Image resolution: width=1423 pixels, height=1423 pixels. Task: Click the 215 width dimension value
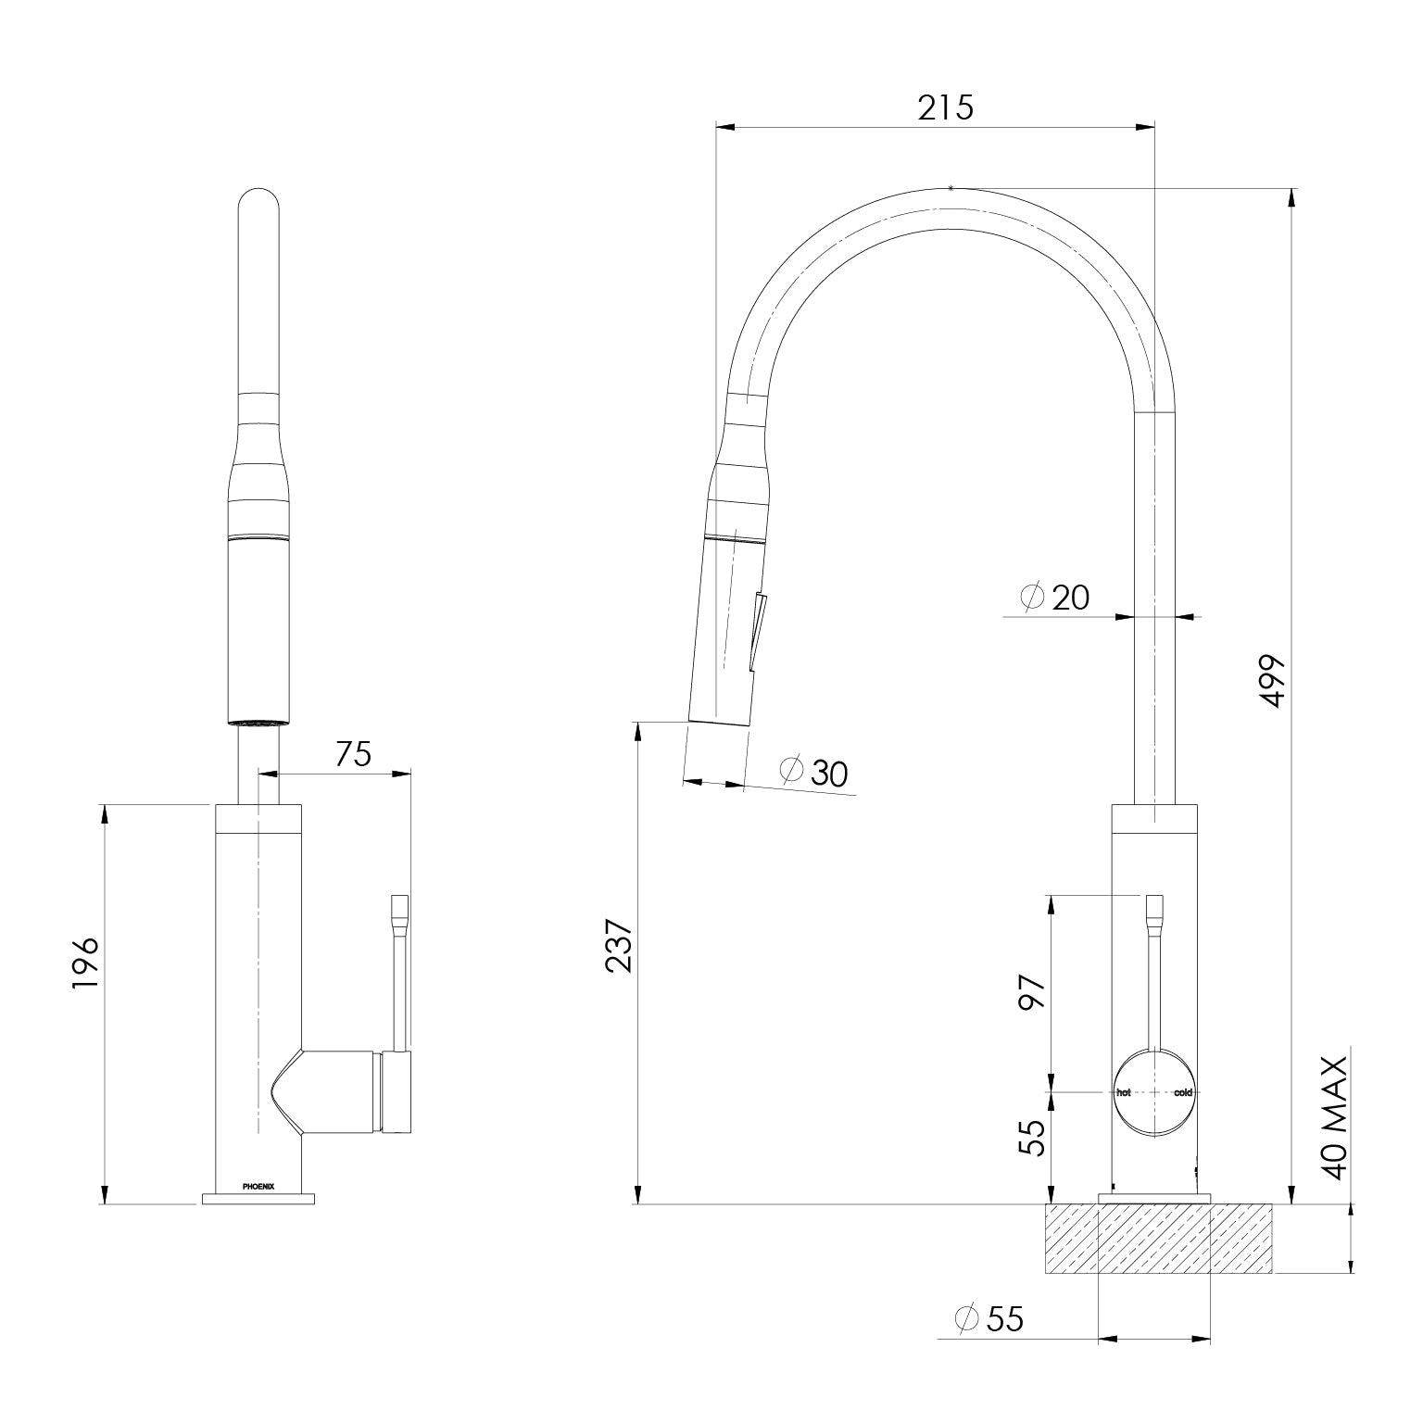pyautogui.click(x=946, y=108)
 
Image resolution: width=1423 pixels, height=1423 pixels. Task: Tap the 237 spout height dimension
pyautogui.click(x=618, y=946)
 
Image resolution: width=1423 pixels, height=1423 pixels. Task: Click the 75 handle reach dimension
pyautogui.click(x=353, y=754)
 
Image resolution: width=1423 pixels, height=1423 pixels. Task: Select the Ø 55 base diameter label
pyautogui.click(x=989, y=1318)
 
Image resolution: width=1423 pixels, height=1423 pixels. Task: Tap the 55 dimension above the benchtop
pyautogui.click(x=1032, y=1137)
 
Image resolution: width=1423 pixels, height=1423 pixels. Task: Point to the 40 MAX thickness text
pyautogui.click(x=1335, y=1117)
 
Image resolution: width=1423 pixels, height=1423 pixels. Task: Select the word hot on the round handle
pyautogui.click(x=1124, y=1092)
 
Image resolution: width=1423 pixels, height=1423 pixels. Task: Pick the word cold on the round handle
pyautogui.click(x=1183, y=1092)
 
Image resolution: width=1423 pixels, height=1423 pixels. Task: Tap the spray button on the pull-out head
pyautogui.click(x=757, y=630)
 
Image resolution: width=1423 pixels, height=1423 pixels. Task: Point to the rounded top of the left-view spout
pyautogui.click(x=258, y=199)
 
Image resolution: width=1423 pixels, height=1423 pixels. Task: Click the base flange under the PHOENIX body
pyautogui.click(x=258, y=1199)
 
